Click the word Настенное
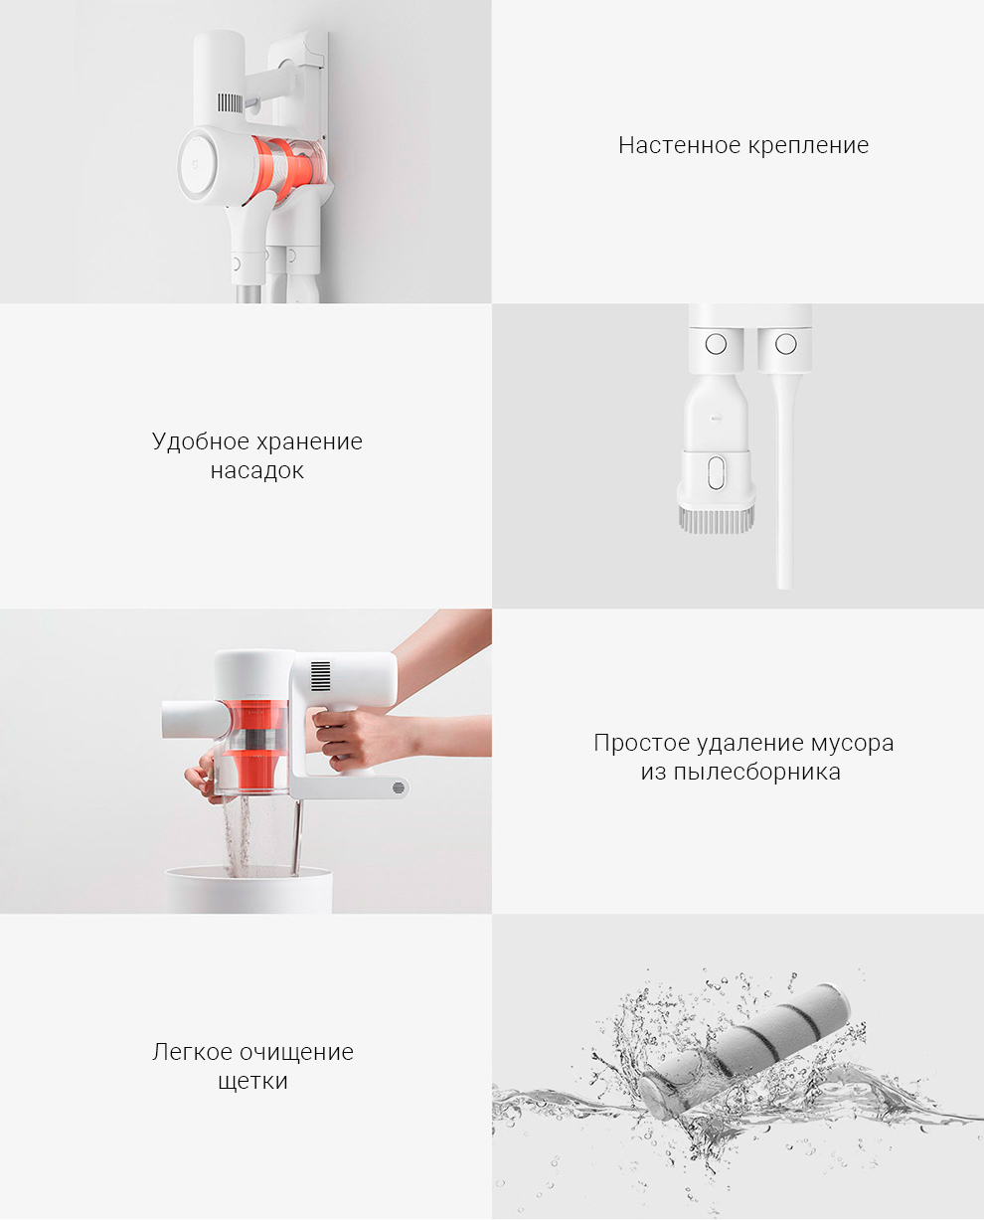click(679, 146)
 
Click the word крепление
click(808, 147)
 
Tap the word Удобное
click(201, 440)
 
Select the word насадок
click(256, 471)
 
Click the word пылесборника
click(756, 774)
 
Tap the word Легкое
click(193, 1053)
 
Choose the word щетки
click(252, 1082)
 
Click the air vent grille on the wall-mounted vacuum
click(231, 102)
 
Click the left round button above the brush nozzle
click(716, 344)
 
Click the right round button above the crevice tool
click(785, 344)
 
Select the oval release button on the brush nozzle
click(716, 473)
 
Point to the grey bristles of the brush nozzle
click(717, 520)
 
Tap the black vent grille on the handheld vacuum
click(320, 676)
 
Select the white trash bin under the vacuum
click(248, 889)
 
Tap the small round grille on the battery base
click(399, 787)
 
